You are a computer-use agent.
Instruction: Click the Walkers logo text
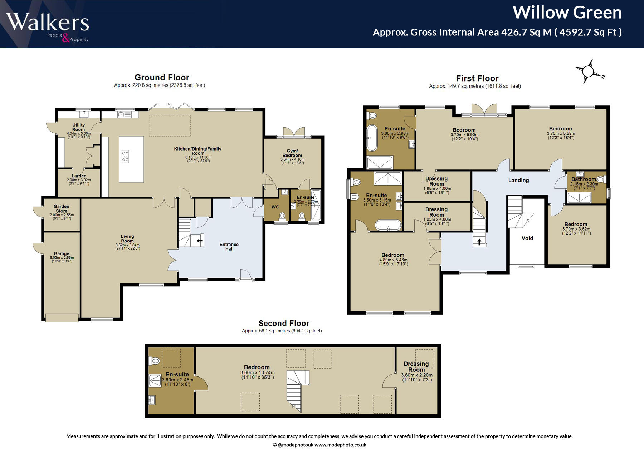(47, 22)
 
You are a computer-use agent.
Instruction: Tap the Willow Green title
(567, 13)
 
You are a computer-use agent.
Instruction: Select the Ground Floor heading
(162, 78)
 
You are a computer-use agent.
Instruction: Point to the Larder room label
(79, 176)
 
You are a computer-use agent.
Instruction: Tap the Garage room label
(62, 253)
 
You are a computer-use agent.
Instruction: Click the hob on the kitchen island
(125, 157)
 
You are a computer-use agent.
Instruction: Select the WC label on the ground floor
(275, 207)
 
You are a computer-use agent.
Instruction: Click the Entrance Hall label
(229, 247)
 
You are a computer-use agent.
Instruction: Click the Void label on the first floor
(527, 238)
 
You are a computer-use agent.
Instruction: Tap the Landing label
(518, 180)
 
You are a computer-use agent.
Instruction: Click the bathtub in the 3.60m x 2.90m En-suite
(372, 138)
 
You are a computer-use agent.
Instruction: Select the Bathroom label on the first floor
(584, 179)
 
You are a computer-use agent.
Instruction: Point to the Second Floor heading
(284, 323)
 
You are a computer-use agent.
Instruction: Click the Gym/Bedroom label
(292, 153)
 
